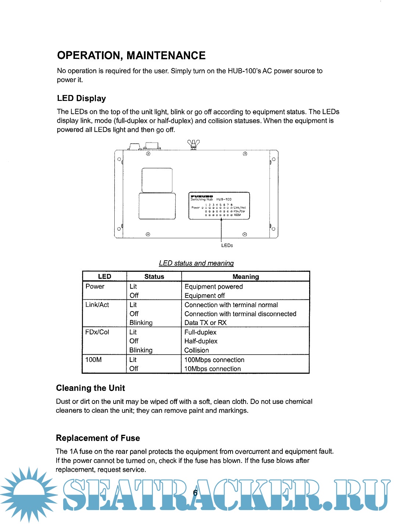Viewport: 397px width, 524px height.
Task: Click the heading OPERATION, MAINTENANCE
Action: coord(131,56)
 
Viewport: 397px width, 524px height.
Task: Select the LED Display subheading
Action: coord(81,98)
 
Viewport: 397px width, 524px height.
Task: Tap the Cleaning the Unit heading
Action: coord(90,388)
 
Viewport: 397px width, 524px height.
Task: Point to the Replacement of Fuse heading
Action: coord(98,438)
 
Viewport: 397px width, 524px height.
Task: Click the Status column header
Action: coord(154,277)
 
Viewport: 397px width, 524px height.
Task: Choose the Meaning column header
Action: coord(246,277)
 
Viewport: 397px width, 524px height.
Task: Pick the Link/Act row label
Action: coord(97,305)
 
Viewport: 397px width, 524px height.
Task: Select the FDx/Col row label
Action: coord(97,332)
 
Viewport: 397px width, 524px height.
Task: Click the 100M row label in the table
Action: coord(93,360)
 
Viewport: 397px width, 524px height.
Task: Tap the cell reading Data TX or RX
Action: coord(205,323)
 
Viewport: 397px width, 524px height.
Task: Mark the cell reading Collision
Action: coord(197,351)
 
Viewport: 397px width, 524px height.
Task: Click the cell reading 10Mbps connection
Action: coord(212,369)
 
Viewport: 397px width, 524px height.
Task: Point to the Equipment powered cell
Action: coord(214,286)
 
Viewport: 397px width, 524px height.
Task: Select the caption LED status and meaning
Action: coord(196,263)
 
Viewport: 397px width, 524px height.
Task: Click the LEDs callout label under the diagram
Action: coord(227,246)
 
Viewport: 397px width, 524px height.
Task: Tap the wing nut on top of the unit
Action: coord(193,144)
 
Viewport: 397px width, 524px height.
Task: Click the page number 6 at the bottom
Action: coord(195,493)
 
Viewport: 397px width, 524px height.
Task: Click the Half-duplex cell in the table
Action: coord(201,341)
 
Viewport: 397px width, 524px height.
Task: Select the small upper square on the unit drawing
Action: coord(157,180)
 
